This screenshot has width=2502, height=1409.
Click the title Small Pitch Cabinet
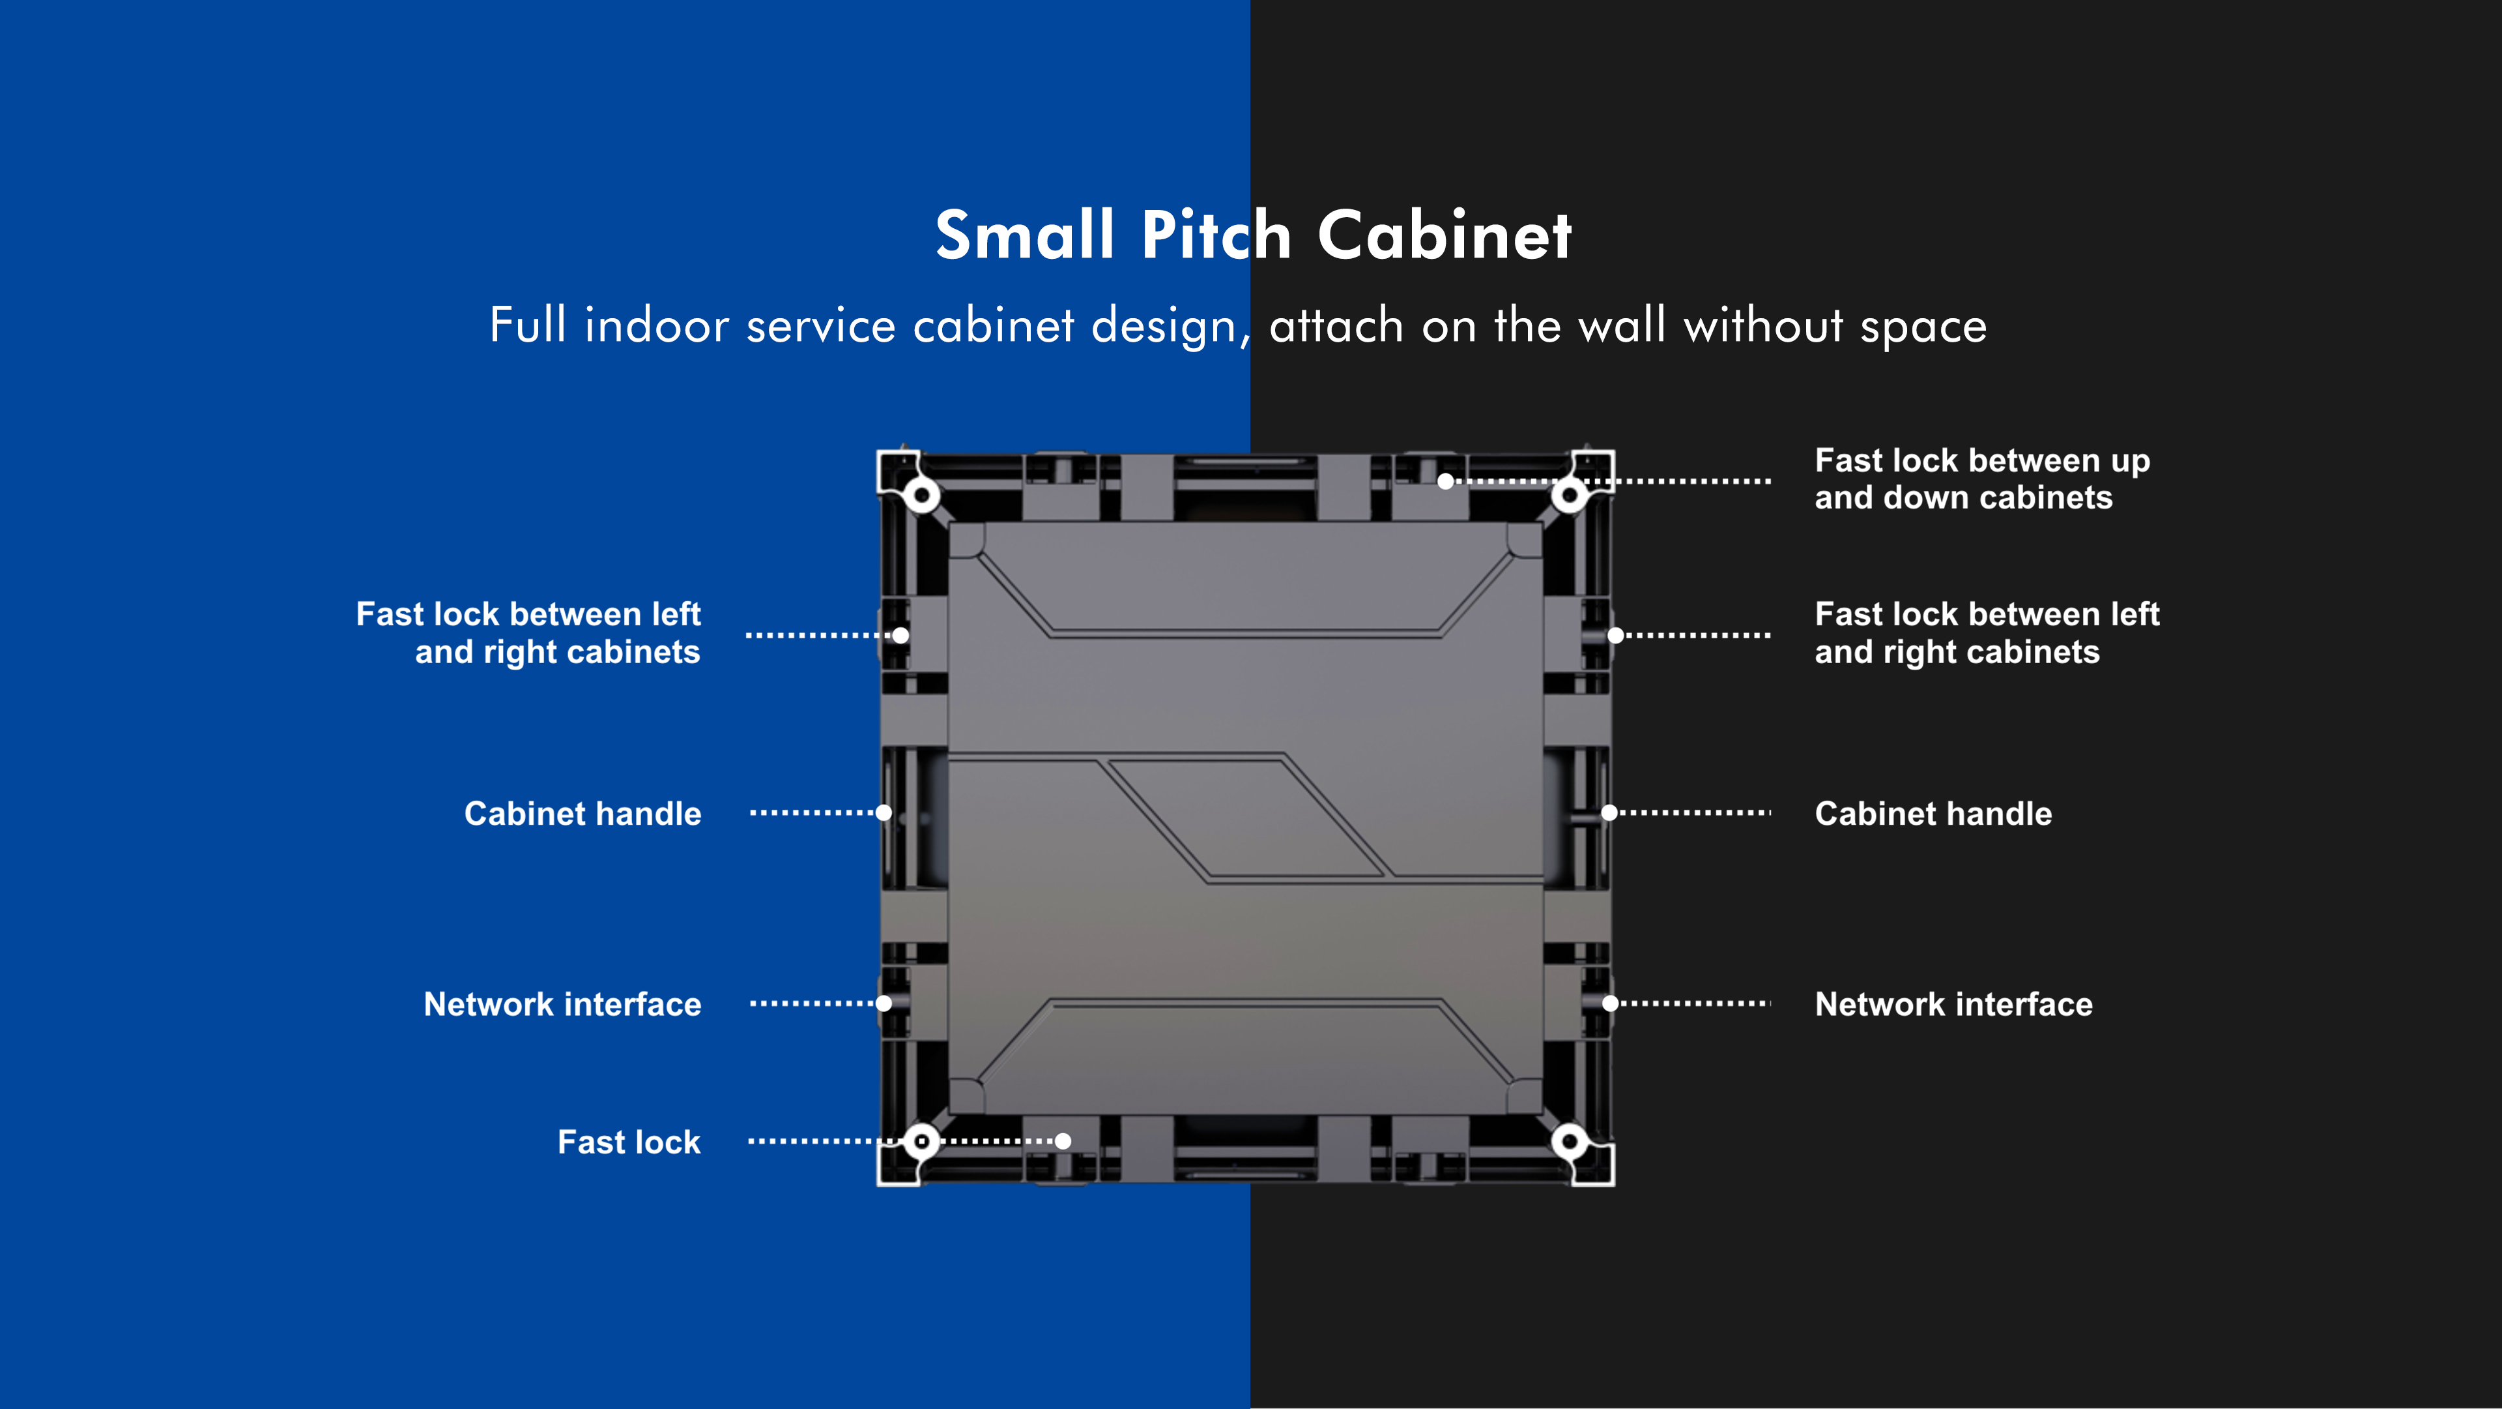click(x=1253, y=235)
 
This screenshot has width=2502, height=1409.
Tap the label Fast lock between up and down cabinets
click(x=1981, y=479)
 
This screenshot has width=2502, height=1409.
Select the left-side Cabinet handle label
click(x=582, y=813)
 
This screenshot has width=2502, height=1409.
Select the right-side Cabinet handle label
click(x=1933, y=813)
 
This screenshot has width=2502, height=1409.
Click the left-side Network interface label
click(x=562, y=1004)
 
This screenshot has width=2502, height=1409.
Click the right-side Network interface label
click(x=1953, y=1004)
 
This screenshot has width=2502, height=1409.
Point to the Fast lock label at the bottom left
click(x=628, y=1142)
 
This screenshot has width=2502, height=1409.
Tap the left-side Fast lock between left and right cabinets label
click(x=528, y=632)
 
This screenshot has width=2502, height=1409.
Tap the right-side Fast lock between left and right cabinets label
click(x=1986, y=632)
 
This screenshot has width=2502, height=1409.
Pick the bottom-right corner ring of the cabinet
click(x=1570, y=1141)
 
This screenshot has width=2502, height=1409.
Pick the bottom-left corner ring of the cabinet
click(x=921, y=1141)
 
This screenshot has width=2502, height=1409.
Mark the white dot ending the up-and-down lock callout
click(x=1445, y=481)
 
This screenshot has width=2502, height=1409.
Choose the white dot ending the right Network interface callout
click(x=1609, y=1003)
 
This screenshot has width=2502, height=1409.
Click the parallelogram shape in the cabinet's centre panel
click(x=1246, y=818)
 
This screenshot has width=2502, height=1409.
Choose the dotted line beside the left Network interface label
click(x=812, y=1003)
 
